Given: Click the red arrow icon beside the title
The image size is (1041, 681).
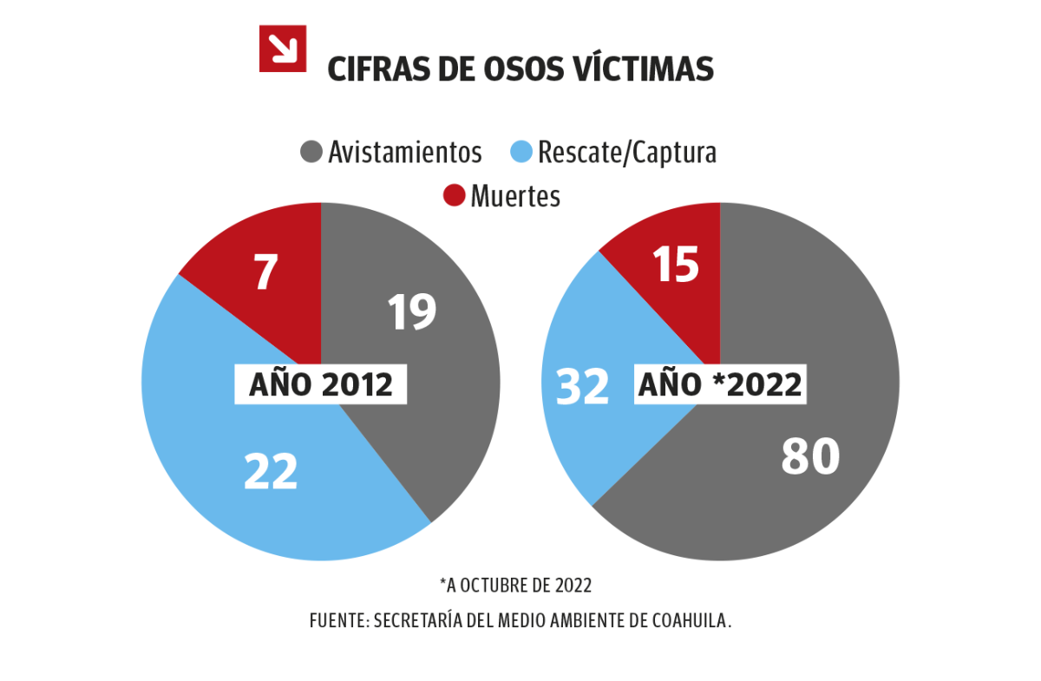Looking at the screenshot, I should [x=283, y=49].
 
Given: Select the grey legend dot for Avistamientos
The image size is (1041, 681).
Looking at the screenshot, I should [x=311, y=152].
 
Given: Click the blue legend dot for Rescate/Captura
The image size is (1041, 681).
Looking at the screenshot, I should [x=520, y=152].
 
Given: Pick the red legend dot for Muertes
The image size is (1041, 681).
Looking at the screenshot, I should [x=454, y=196].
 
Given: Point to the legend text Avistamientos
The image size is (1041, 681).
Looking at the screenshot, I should [x=404, y=153].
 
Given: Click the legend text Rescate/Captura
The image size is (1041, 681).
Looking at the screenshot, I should [x=627, y=153].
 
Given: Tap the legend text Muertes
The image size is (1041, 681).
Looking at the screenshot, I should [x=515, y=197].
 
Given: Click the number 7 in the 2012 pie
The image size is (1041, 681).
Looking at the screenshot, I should [x=265, y=272].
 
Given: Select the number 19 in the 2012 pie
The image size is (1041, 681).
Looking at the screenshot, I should [x=411, y=312].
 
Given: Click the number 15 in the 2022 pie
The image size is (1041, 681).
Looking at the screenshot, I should [x=676, y=265].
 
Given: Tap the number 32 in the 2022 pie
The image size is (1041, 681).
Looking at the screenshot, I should [x=582, y=386].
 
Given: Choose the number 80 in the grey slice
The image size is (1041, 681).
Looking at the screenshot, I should [x=810, y=456].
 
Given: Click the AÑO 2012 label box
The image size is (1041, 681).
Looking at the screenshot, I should [x=321, y=384].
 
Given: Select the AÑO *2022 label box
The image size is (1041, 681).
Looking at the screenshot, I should [x=720, y=384].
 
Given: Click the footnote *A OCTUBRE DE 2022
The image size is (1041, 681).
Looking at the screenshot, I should [x=515, y=586].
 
